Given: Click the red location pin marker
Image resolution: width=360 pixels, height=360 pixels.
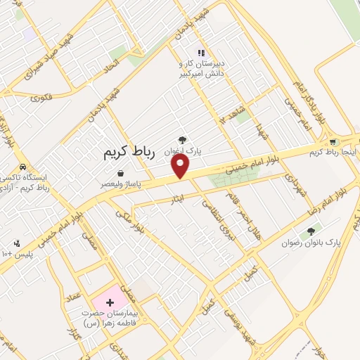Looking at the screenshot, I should [181, 166].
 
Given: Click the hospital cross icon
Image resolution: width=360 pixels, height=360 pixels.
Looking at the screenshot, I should [109, 302].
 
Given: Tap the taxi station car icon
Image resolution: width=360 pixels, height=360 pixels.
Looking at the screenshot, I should [23, 167].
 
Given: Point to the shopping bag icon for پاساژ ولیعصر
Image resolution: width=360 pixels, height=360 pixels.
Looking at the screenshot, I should [121, 173].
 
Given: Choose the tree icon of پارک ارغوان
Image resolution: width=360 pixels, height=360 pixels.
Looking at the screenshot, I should [183, 140].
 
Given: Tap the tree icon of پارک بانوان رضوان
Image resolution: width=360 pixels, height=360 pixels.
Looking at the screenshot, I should [311, 230].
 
